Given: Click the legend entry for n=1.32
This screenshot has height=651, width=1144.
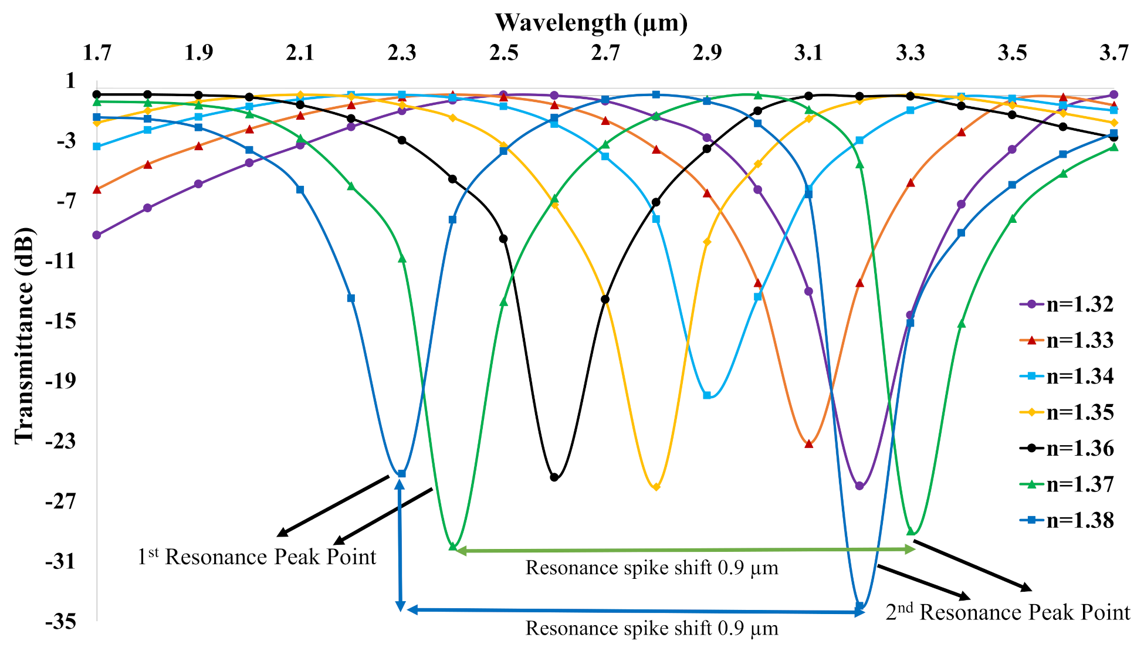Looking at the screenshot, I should coord(1067,304).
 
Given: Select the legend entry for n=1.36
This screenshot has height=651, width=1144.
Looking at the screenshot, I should coord(1067,448).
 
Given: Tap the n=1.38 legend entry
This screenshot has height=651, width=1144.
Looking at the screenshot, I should coord(1067,520).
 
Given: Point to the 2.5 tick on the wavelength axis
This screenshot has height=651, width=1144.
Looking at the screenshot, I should coord(503,53).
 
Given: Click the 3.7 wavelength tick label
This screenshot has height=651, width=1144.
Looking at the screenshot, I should coord(1113,53).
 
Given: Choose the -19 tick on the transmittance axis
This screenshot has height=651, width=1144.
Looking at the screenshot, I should coord(60,381).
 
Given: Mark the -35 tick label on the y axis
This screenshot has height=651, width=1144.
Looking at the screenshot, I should coord(60,622).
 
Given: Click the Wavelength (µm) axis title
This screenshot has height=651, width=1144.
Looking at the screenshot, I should coord(591,22).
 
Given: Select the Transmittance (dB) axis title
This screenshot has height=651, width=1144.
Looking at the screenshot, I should coord(25,335).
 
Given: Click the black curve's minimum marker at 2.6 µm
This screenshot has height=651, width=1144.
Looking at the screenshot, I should coord(554,477).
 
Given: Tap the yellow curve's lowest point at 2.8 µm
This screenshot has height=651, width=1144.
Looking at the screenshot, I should coord(656,487).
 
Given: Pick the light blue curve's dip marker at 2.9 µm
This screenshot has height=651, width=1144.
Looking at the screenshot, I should coord(707,396).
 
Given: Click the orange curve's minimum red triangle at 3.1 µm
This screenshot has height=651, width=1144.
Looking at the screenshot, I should coord(809,444).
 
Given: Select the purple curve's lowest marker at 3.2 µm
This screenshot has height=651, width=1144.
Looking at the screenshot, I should coord(859,486).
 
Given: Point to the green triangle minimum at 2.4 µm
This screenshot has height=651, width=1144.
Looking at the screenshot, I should coord(452,546).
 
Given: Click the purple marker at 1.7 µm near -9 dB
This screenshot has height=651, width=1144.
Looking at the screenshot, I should coord(97,235).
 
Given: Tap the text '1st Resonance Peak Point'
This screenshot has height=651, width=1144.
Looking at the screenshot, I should coord(256,557).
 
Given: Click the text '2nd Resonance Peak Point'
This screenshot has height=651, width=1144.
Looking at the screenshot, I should coord(1007,612).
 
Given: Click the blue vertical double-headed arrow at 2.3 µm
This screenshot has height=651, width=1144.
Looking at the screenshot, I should coord(400,545).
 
